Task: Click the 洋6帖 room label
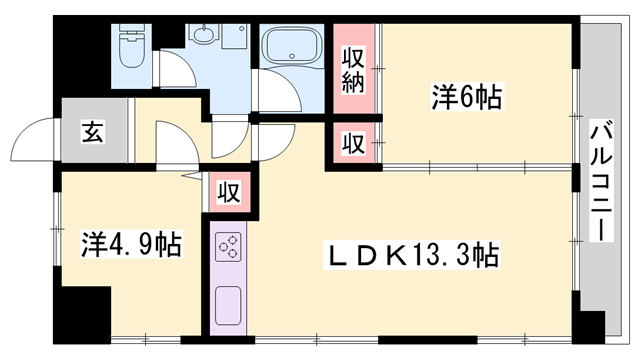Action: point(467,97)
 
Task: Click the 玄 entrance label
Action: point(91,131)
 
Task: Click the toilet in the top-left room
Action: point(131,46)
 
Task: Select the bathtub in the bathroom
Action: point(291,45)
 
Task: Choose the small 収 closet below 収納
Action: point(353,143)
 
